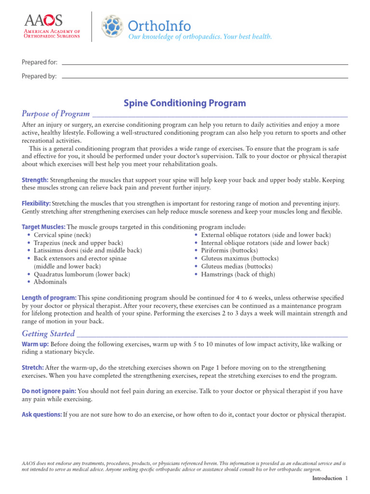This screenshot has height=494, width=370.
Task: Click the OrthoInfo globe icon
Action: click(x=112, y=27)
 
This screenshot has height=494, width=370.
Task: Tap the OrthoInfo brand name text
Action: click(x=159, y=25)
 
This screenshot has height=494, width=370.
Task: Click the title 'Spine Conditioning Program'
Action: click(x=185, y=103)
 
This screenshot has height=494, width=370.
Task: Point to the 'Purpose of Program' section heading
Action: click(x=56, y=114)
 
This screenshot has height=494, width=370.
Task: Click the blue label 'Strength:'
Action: click(x=35, y=180)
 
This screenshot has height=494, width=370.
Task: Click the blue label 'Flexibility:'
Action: click(x=36, y=204)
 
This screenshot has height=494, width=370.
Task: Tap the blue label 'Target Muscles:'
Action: click(x=43, y=227)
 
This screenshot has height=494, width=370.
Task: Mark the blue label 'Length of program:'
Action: click(x=49, y=298)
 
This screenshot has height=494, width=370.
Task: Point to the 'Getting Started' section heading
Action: click(x=48, y=333)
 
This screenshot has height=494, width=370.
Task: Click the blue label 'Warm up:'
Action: click(x=35, y=344)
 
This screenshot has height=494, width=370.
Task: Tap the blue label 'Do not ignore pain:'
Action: click(x=49, y=391)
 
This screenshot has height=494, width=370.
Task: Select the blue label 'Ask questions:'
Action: click(x=42, y=414)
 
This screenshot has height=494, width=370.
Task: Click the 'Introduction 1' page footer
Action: click(x=330, y=478)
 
